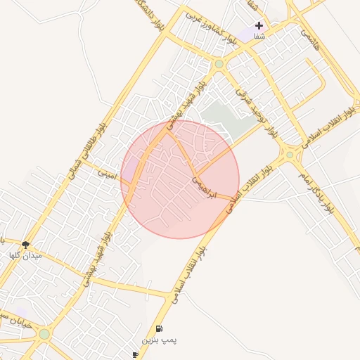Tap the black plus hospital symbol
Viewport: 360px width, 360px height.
pos(259,25)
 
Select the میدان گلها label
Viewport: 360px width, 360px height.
pos(25,256)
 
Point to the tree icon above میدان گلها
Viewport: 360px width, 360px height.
pos(26,245)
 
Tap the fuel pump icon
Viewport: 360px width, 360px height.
pos(159,328)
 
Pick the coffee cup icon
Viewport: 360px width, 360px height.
pos(136,354)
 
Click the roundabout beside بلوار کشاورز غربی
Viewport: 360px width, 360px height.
pos(219,65)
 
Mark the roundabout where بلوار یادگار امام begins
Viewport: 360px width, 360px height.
pos(289,155)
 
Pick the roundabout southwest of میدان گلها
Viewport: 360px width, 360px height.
pos(44,334)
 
